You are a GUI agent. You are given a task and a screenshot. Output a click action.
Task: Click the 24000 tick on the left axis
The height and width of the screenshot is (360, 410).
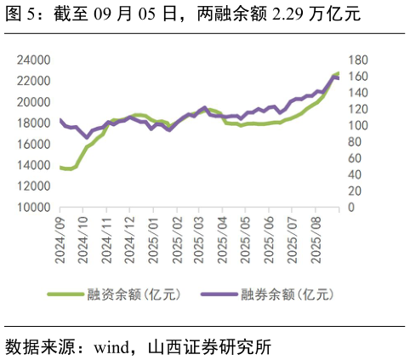pyautogui.click(x=33, y=60)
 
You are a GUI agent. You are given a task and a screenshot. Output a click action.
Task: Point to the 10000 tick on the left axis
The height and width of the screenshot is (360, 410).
pyautogui.click(x=33, y=208)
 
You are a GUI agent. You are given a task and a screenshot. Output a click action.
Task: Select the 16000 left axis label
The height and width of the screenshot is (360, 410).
pyautogui.click(x=33, y=145)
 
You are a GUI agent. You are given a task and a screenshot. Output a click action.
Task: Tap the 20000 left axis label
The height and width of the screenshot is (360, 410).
pyautogui.click(x=33, y=102)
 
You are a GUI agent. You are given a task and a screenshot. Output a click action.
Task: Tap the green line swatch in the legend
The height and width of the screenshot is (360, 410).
pyautogui.click(x=65, y=295)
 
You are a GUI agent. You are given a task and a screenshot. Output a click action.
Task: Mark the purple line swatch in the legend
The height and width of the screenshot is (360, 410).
pyautogui.click(x=219, y=295)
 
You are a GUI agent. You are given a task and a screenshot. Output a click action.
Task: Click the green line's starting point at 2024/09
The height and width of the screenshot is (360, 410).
pyautogui.click(x=60, y=168)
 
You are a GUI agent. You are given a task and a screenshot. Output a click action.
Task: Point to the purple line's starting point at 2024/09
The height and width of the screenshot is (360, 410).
pyautogui.click(x=60, y=120)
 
